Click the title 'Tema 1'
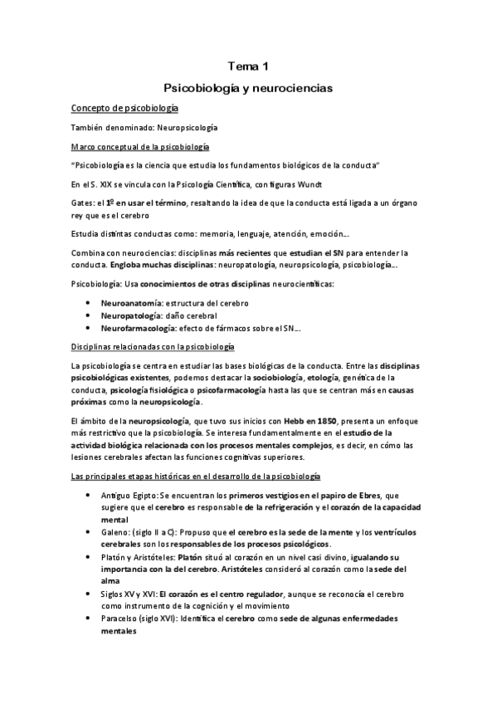[248, 66]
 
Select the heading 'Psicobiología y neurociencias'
[248, 86]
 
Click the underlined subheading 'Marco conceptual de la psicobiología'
[140, 146]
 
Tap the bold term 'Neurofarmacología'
[139, 329]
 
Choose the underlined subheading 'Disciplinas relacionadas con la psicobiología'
[153, 345]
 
